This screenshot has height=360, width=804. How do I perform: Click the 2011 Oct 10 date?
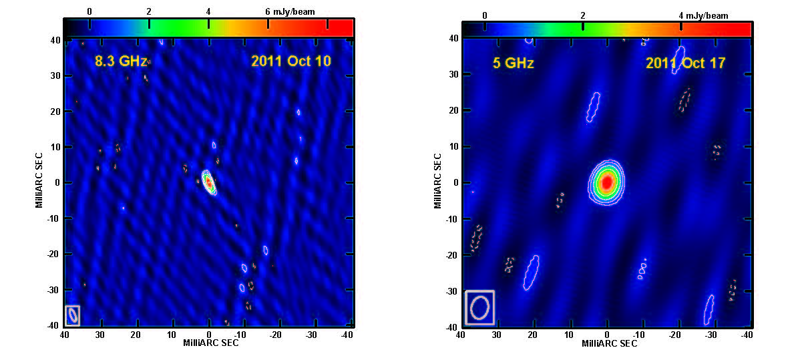click(x=291, y=61)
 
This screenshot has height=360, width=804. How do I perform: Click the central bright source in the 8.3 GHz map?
click(x=208, y=181)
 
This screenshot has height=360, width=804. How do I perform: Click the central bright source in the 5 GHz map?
click(x=606, y=182)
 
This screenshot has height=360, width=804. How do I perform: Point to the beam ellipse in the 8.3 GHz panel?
click(x=73, y=315)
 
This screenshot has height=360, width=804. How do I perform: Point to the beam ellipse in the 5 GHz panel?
click(x=479, y=307)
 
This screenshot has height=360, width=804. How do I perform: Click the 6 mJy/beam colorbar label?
click(x=290, y=11)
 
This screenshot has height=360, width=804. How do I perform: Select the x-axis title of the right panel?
click(x=609, y=343)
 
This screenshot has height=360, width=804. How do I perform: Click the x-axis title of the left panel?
click(x=211, y=343)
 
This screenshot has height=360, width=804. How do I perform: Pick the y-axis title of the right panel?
click(x=438, y=180)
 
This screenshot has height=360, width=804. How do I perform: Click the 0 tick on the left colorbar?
click(x=89, y=11)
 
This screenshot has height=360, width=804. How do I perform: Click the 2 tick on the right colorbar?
click(x=583, y=15)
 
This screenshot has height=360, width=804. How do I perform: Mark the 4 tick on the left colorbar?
click(x=208, y=11)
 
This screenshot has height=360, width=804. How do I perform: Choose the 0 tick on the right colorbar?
click(x=484, y=15)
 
